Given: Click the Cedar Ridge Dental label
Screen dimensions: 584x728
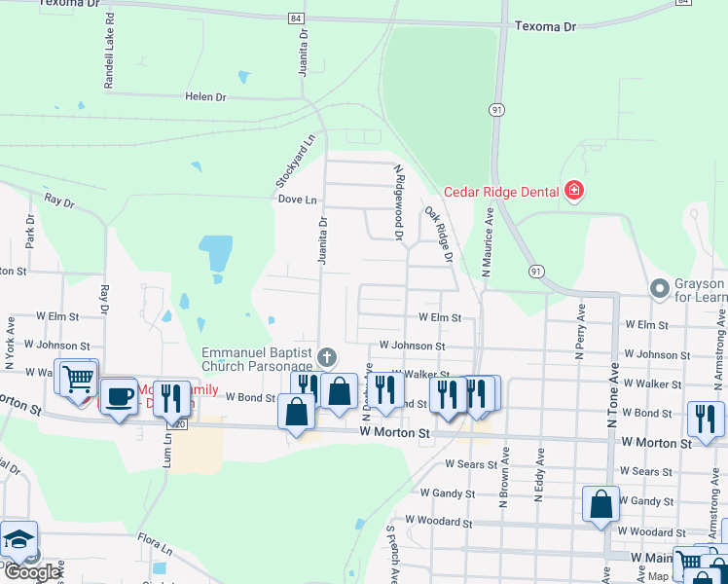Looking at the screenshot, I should [x=500, y=191].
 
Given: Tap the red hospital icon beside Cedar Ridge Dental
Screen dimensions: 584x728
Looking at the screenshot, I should [x=574, y=190].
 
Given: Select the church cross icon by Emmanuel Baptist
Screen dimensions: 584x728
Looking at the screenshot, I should [x=327, y=358].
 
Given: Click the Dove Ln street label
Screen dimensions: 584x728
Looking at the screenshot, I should [x=298, y=200].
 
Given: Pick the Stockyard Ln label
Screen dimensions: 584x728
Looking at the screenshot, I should [x=296, y=160].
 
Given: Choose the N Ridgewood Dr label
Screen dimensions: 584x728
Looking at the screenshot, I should [x=398, y=201].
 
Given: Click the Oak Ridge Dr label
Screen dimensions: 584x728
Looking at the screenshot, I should [x=439, y=234].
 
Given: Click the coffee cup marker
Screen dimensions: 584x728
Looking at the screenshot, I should [x=120, y=397].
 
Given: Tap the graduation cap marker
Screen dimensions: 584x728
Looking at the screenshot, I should [x=19, y=540].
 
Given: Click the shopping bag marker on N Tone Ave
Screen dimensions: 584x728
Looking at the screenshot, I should [x=601, y=504].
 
